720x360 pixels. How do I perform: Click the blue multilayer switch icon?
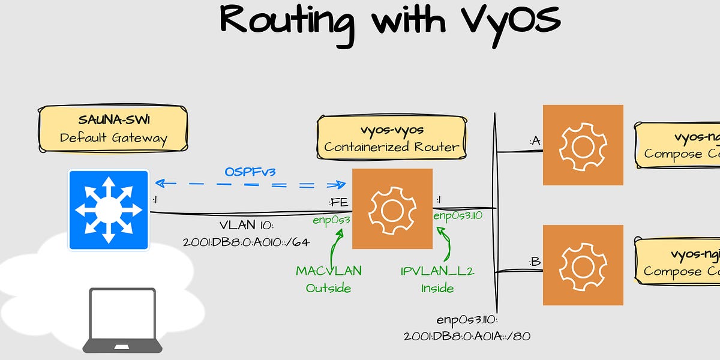108,209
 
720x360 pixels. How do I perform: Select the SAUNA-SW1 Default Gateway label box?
113,129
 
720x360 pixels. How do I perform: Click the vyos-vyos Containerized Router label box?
391,138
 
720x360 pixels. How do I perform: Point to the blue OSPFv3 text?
250,172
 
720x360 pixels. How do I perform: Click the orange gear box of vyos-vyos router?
392,209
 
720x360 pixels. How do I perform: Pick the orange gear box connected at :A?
583,145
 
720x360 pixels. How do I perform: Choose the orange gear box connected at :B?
583,265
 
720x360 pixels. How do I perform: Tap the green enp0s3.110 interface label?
458,216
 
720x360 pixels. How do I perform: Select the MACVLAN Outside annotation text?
329,279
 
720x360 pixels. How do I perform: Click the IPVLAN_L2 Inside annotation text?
437,279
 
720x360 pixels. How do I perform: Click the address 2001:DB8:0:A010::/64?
246,243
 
